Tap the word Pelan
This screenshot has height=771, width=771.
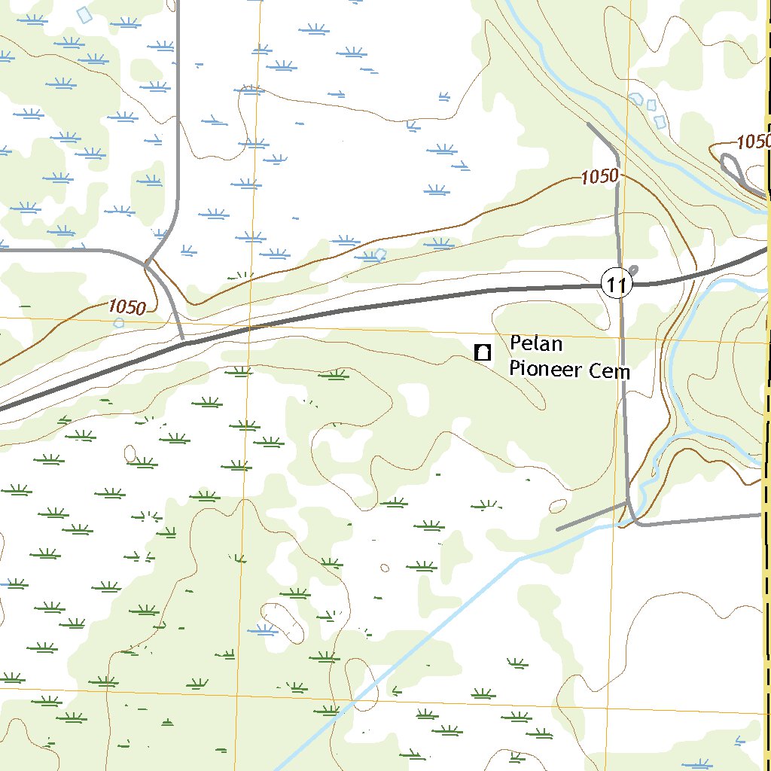pos(536,344)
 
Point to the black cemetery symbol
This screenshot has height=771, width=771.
pos(483,352)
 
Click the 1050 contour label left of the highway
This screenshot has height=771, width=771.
pos(126,307)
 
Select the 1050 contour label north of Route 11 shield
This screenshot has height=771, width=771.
pos(599,177)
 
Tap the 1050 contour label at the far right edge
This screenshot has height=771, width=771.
pos(753,142)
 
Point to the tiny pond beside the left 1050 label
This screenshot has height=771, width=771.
pos(118,322)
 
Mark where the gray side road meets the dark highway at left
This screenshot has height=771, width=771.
pos(184,343)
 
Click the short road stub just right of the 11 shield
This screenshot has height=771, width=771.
pos(632,270)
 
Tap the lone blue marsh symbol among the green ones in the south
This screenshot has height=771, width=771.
pos(264,629)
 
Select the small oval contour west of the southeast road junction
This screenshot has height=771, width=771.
pos(558,505)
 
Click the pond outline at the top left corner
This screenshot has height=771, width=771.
pos(87,14)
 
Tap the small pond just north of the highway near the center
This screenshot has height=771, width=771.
pos(380,254)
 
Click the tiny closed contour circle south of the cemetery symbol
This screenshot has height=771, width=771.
pos(385,568)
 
